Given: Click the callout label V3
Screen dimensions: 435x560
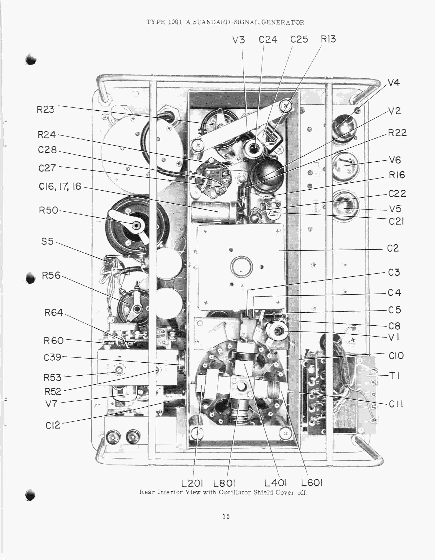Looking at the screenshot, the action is [x=238, y=40].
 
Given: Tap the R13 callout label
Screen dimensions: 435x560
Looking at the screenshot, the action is [x=328, y=39].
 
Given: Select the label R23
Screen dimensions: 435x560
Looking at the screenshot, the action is [x=45, y=110].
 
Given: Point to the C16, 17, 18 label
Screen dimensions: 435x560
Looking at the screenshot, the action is [x=60, y=186].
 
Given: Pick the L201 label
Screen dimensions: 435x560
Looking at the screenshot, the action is [x=192, y=483].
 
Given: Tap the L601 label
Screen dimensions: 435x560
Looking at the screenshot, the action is [x=311, y=483].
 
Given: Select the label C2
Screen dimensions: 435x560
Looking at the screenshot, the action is [x=393, y=248].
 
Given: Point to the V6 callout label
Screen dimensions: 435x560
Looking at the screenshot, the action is [x=395, y=160].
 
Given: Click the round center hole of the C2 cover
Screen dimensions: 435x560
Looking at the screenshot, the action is [x=241, y=267].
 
